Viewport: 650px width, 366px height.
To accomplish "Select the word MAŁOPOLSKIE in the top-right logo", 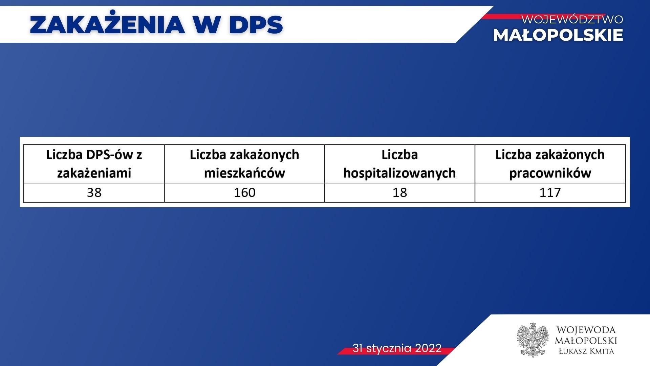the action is point(558,35).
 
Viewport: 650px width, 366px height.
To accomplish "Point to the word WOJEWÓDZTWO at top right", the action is point(572,19).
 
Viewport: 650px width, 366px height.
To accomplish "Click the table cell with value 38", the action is point(94,192).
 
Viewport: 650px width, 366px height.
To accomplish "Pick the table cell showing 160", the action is point(244,192).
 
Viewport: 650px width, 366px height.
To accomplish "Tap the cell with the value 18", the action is point(399,192).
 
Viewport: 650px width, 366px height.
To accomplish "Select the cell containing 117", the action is point(550,192).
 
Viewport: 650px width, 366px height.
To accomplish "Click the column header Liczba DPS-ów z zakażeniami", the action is point(94,164).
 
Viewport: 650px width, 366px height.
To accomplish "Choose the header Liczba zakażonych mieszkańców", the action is point(244,164).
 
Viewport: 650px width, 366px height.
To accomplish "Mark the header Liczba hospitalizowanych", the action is point(399,164).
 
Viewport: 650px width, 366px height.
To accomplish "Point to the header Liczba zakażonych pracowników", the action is point(550,164).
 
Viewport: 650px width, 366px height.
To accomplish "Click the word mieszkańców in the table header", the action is point(244,173).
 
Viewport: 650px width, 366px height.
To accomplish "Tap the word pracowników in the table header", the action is point(550,173).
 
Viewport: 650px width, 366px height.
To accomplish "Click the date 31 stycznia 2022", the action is point(397,348).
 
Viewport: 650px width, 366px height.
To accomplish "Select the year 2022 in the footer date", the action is point(428,348).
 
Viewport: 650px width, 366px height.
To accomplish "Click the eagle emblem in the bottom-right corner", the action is point(533,340).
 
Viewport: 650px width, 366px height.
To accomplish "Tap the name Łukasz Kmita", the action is point(586,351).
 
